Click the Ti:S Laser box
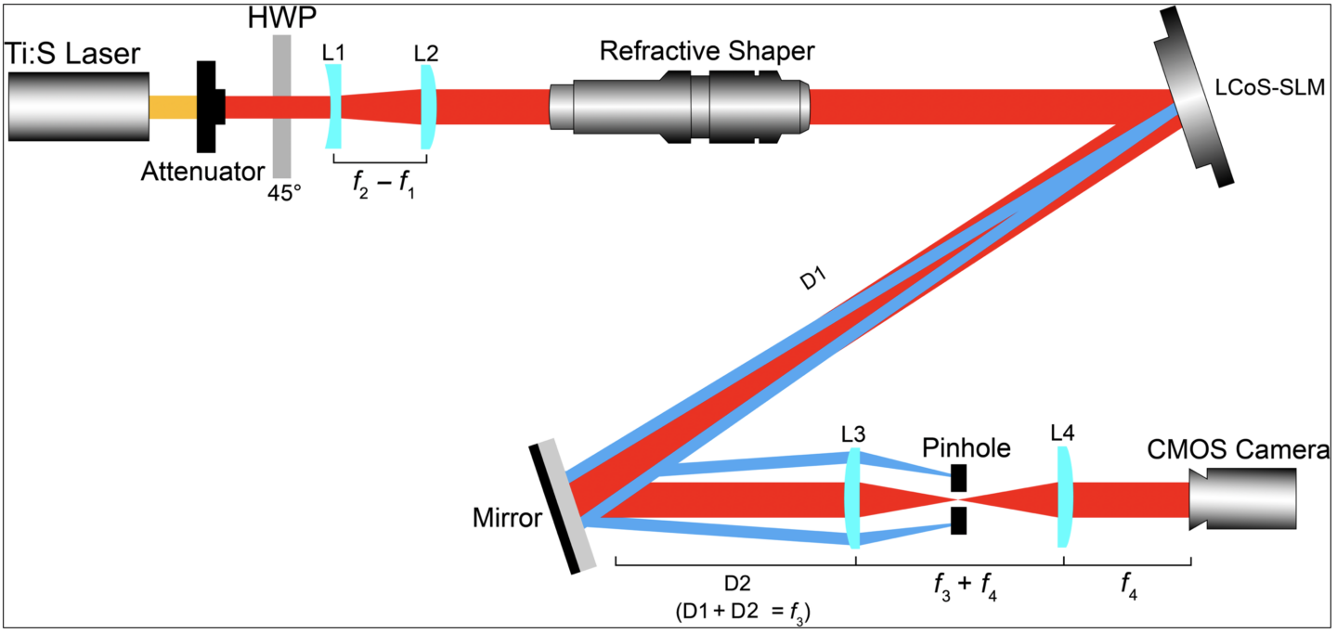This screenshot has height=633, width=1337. pyautogui.click(x=79, y=106)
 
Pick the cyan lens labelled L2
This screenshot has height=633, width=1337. pyautogui.click(x=427, y=108)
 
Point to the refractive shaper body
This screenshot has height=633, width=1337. pyautogui.click(x=678, y=107)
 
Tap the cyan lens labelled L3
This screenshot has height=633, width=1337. pyautogui.click(x=853, y=498)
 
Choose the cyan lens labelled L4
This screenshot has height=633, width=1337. pyautogui.click(x=1065, y=498)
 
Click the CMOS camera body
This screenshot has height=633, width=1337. pyautogui.click(x=1244, y=498)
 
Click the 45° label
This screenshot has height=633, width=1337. pyautogui.click(x=285, y=195)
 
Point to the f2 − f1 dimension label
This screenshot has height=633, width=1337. pyautogui.click(x=380, y=184)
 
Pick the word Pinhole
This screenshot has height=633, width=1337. pyautogui.click(x=966, y=449)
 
